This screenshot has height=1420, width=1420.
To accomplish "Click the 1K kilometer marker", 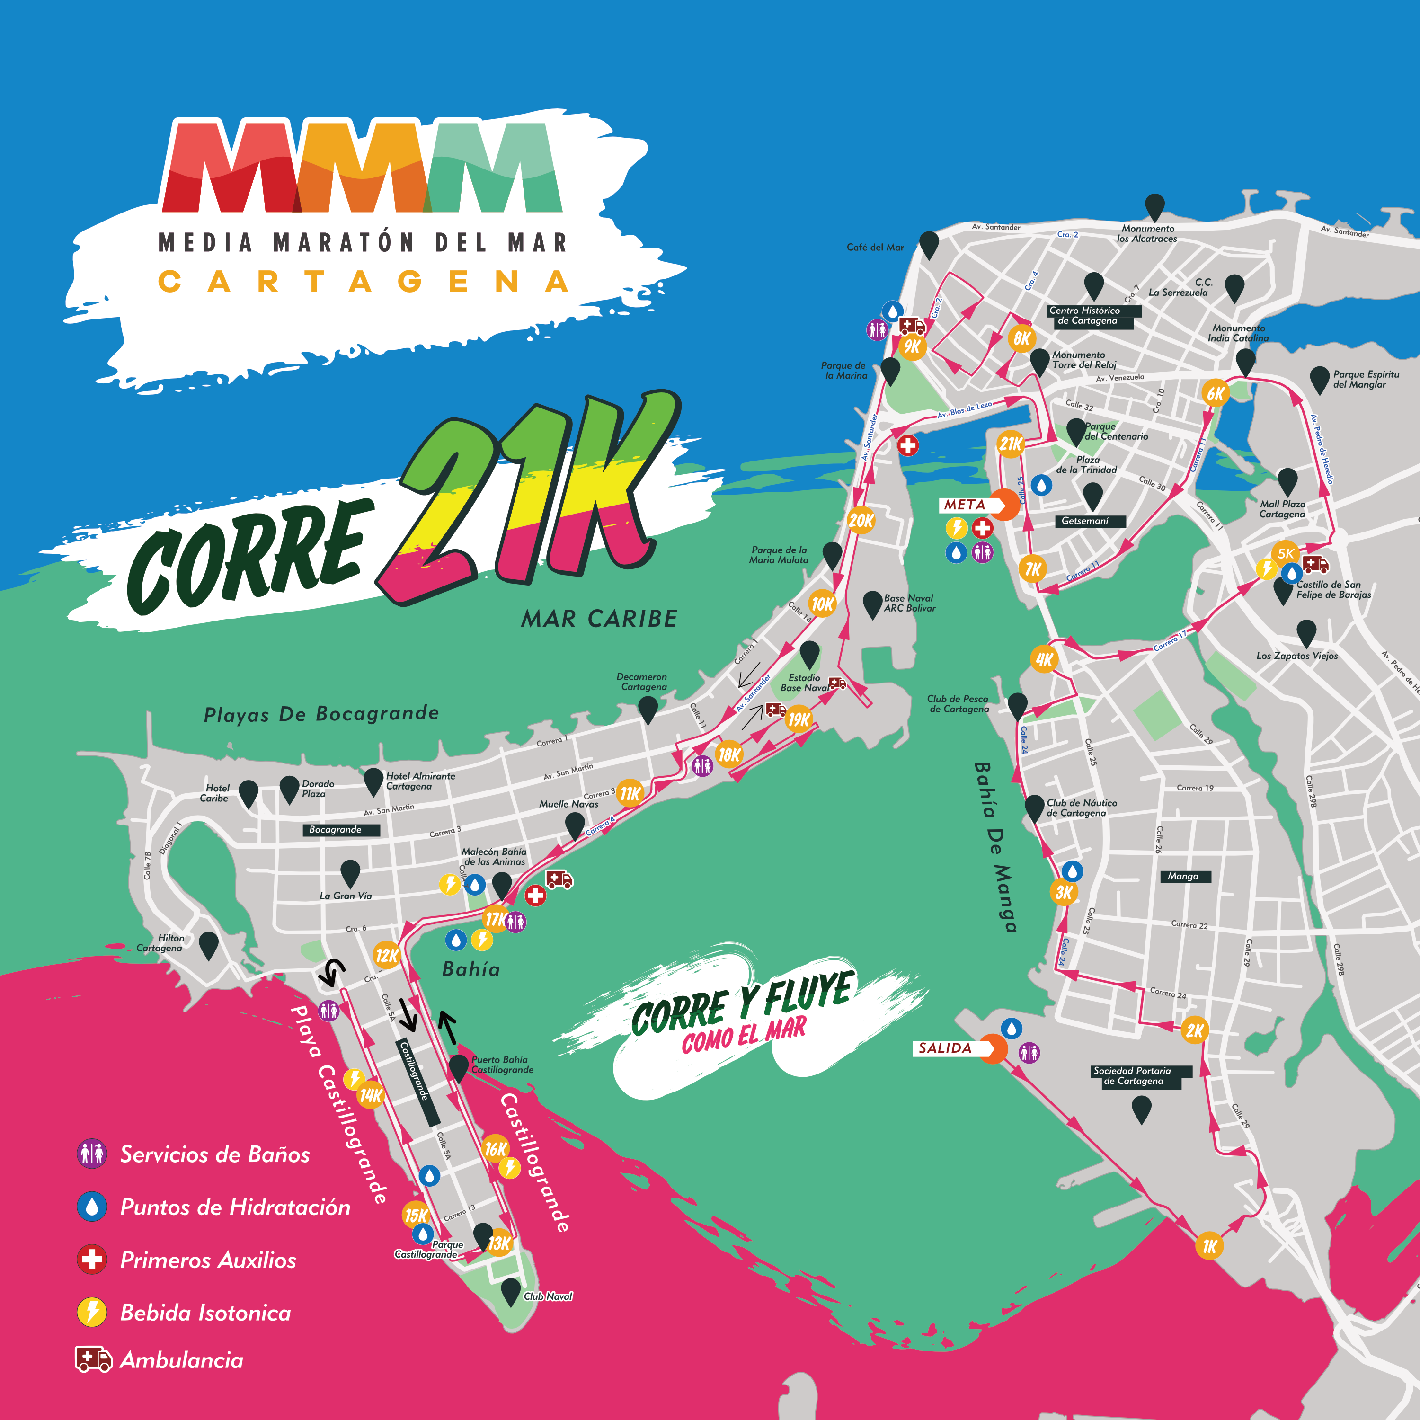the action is tap(1209, 1246).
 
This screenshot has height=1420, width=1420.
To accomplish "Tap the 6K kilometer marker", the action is tap(1216, 393).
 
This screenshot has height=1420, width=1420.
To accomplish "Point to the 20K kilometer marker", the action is tap(861, 520).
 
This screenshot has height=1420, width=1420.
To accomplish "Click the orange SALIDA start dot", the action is tap(993, 1049).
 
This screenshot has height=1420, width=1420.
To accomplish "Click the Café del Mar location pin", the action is tap(929, 245).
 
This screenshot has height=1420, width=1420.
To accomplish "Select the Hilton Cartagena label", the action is tap(160, 943).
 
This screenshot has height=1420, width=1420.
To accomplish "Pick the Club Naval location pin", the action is tap(511, 1291).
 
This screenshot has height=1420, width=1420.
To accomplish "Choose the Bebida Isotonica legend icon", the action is tap(92, 1312).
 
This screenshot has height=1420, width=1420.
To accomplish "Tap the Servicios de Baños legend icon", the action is tap(92, 1154).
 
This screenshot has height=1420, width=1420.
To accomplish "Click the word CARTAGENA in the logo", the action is tap(364, 282).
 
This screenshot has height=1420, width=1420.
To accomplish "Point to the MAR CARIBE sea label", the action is tap(599, 619).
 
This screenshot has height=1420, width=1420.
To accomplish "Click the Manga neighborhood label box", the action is tap(1183, 876).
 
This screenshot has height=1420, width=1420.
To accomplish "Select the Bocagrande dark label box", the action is tap(340, 830).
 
